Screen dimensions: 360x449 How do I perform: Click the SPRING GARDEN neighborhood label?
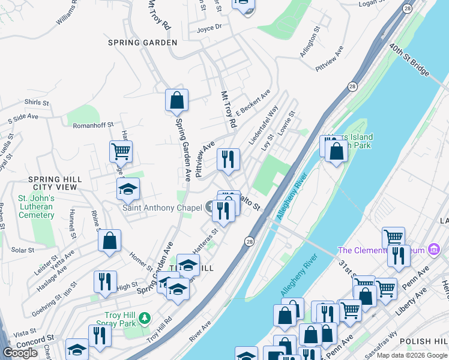click(142, 43)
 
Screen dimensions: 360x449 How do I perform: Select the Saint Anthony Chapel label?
click(162, 208)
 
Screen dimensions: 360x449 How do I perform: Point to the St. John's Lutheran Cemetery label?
click(36, 206)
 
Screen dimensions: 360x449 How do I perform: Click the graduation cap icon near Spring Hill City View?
click(127, 189)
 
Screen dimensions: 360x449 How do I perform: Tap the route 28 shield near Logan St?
click(408, 8)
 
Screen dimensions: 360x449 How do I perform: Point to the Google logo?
click(20, 353)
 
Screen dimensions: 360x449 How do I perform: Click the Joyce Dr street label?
click(209, 27)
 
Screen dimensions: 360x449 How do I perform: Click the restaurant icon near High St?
click(105, 281)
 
